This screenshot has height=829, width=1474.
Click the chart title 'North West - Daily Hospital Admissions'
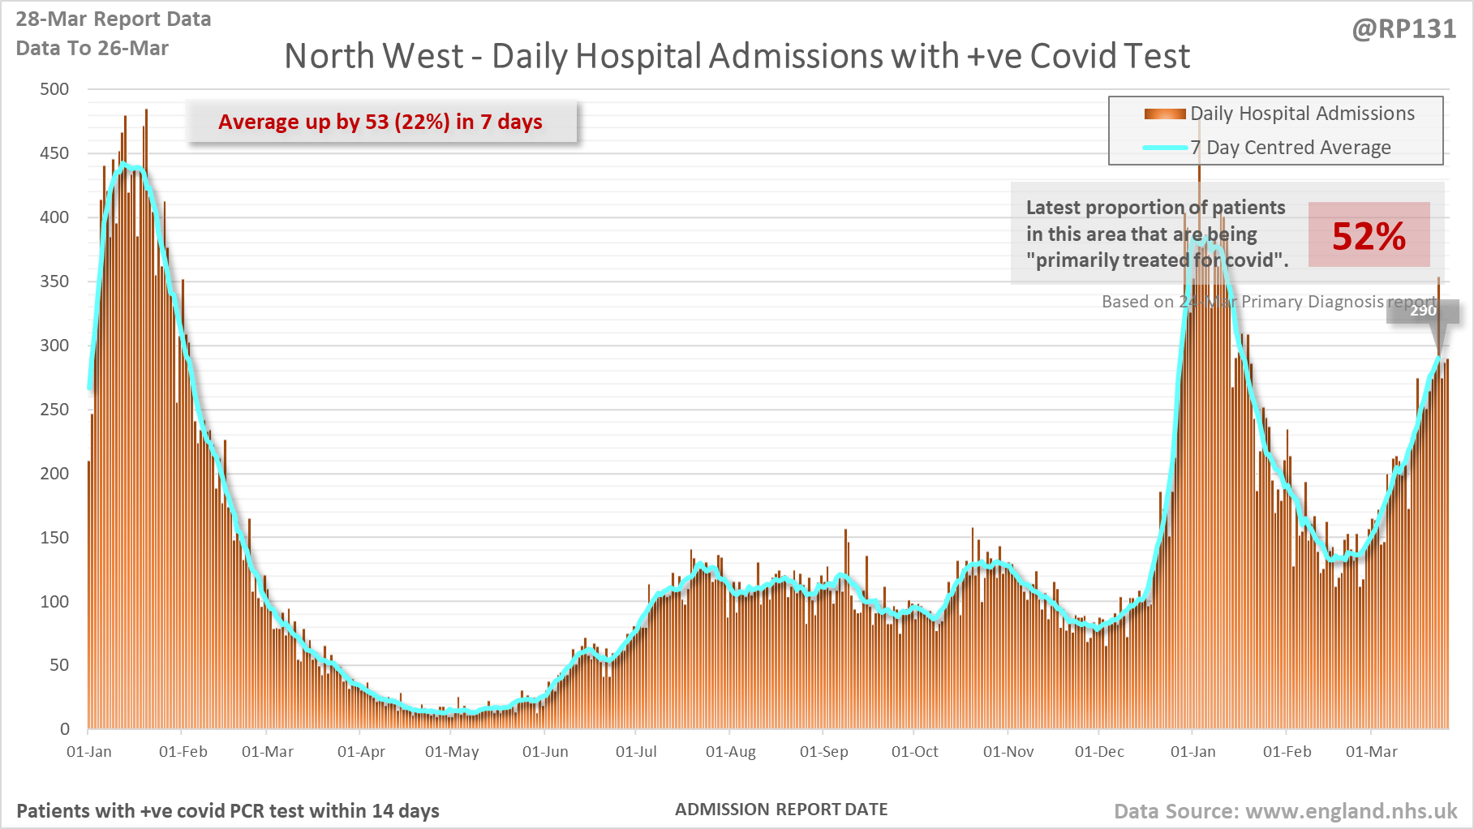click(x=737, y=57)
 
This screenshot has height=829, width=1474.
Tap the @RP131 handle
click(x=1403, y=29)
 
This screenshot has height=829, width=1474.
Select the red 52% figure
click(x=1369, y=236)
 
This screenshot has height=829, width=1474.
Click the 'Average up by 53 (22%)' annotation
click(x=380, y=122)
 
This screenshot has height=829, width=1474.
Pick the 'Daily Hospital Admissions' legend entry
click(x=1301, y=114)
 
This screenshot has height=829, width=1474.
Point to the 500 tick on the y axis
click(x=54, y=89)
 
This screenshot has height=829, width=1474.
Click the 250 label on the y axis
click(x=54, y=410)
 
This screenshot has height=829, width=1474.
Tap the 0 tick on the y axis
click(x=64, y=729)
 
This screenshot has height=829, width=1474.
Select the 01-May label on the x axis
click(x=452, y=752)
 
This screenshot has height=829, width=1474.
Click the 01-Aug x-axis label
click(x=730, y=752)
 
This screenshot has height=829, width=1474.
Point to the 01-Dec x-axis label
click(x=1099, y=752)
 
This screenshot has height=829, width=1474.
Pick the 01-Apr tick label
click(x=361, y=752)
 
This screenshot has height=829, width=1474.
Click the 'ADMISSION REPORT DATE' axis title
click(x=781, y=810)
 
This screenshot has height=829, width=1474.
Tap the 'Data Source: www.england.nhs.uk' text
click(x=1285, y=811)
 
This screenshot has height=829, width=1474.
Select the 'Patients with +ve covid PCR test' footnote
click(x=228, y=811)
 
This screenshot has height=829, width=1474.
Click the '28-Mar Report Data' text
click(x=114, y=19)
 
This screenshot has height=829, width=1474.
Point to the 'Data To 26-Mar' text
click(x=92, y=49)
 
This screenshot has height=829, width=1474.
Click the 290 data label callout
click(x=1423, y=311)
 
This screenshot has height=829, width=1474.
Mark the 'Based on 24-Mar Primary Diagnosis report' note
click(x=1268, y=302)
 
